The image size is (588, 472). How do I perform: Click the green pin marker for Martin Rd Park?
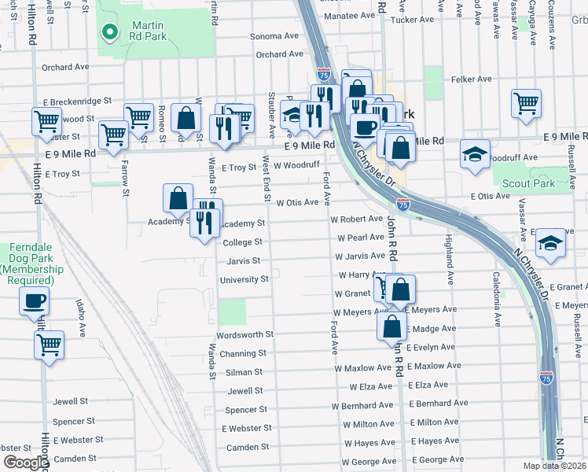pyautogui.click(x=111, y=32)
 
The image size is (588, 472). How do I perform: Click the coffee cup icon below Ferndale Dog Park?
pyautogui.click(x=34, y=301)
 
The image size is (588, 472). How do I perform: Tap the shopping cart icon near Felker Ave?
pyautogui.click(x=526, y=103)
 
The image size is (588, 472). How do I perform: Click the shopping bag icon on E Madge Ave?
pyautogui.click(x=391, y=325)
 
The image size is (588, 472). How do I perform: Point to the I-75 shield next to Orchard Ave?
pyautogui.click(x=323, y=74)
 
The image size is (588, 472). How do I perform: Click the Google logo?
pyautogui.click(x=26, y=463)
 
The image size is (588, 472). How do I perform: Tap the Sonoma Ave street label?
pyautogui.click(x=274, y=36)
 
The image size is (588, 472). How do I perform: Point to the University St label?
pyautogui.click(x=244, y=279)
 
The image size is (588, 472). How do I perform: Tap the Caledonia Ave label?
pyautogui.click(x=497, y=299)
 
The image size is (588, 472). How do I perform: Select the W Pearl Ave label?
pyautogui.click(x=360, y=238)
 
